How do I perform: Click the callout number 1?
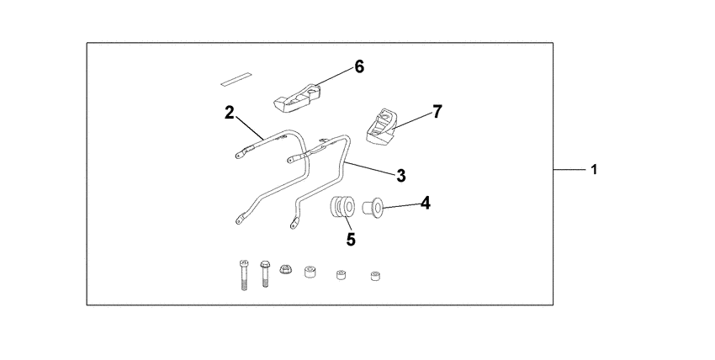[x=594, y=170]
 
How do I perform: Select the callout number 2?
[x=229, y=113]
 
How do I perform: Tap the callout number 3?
[x=401, y=175]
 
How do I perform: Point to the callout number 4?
[x=426, y=203]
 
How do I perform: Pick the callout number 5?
[x=351, y=239]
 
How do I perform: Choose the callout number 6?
[x=359, y=66]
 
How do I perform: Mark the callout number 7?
[x=437, y=111]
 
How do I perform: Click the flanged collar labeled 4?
[x=373, y=206]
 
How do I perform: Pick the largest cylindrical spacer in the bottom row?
[x=310, y=273]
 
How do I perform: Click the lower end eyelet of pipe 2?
[x=240, y=218]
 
